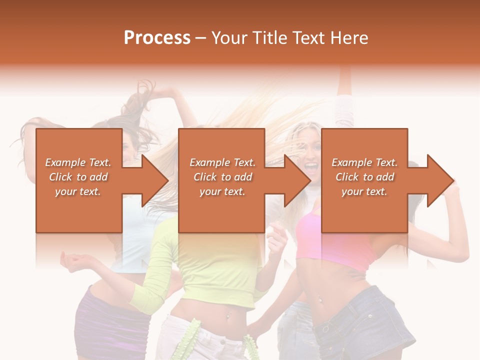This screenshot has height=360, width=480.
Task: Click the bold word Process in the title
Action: (157, 37)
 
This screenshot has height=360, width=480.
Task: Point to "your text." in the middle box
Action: (222, 191)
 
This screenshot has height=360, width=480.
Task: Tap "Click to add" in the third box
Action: (364, 177)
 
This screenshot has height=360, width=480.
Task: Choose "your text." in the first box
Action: (78, 191)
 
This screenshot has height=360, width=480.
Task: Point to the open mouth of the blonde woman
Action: (311, 165)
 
